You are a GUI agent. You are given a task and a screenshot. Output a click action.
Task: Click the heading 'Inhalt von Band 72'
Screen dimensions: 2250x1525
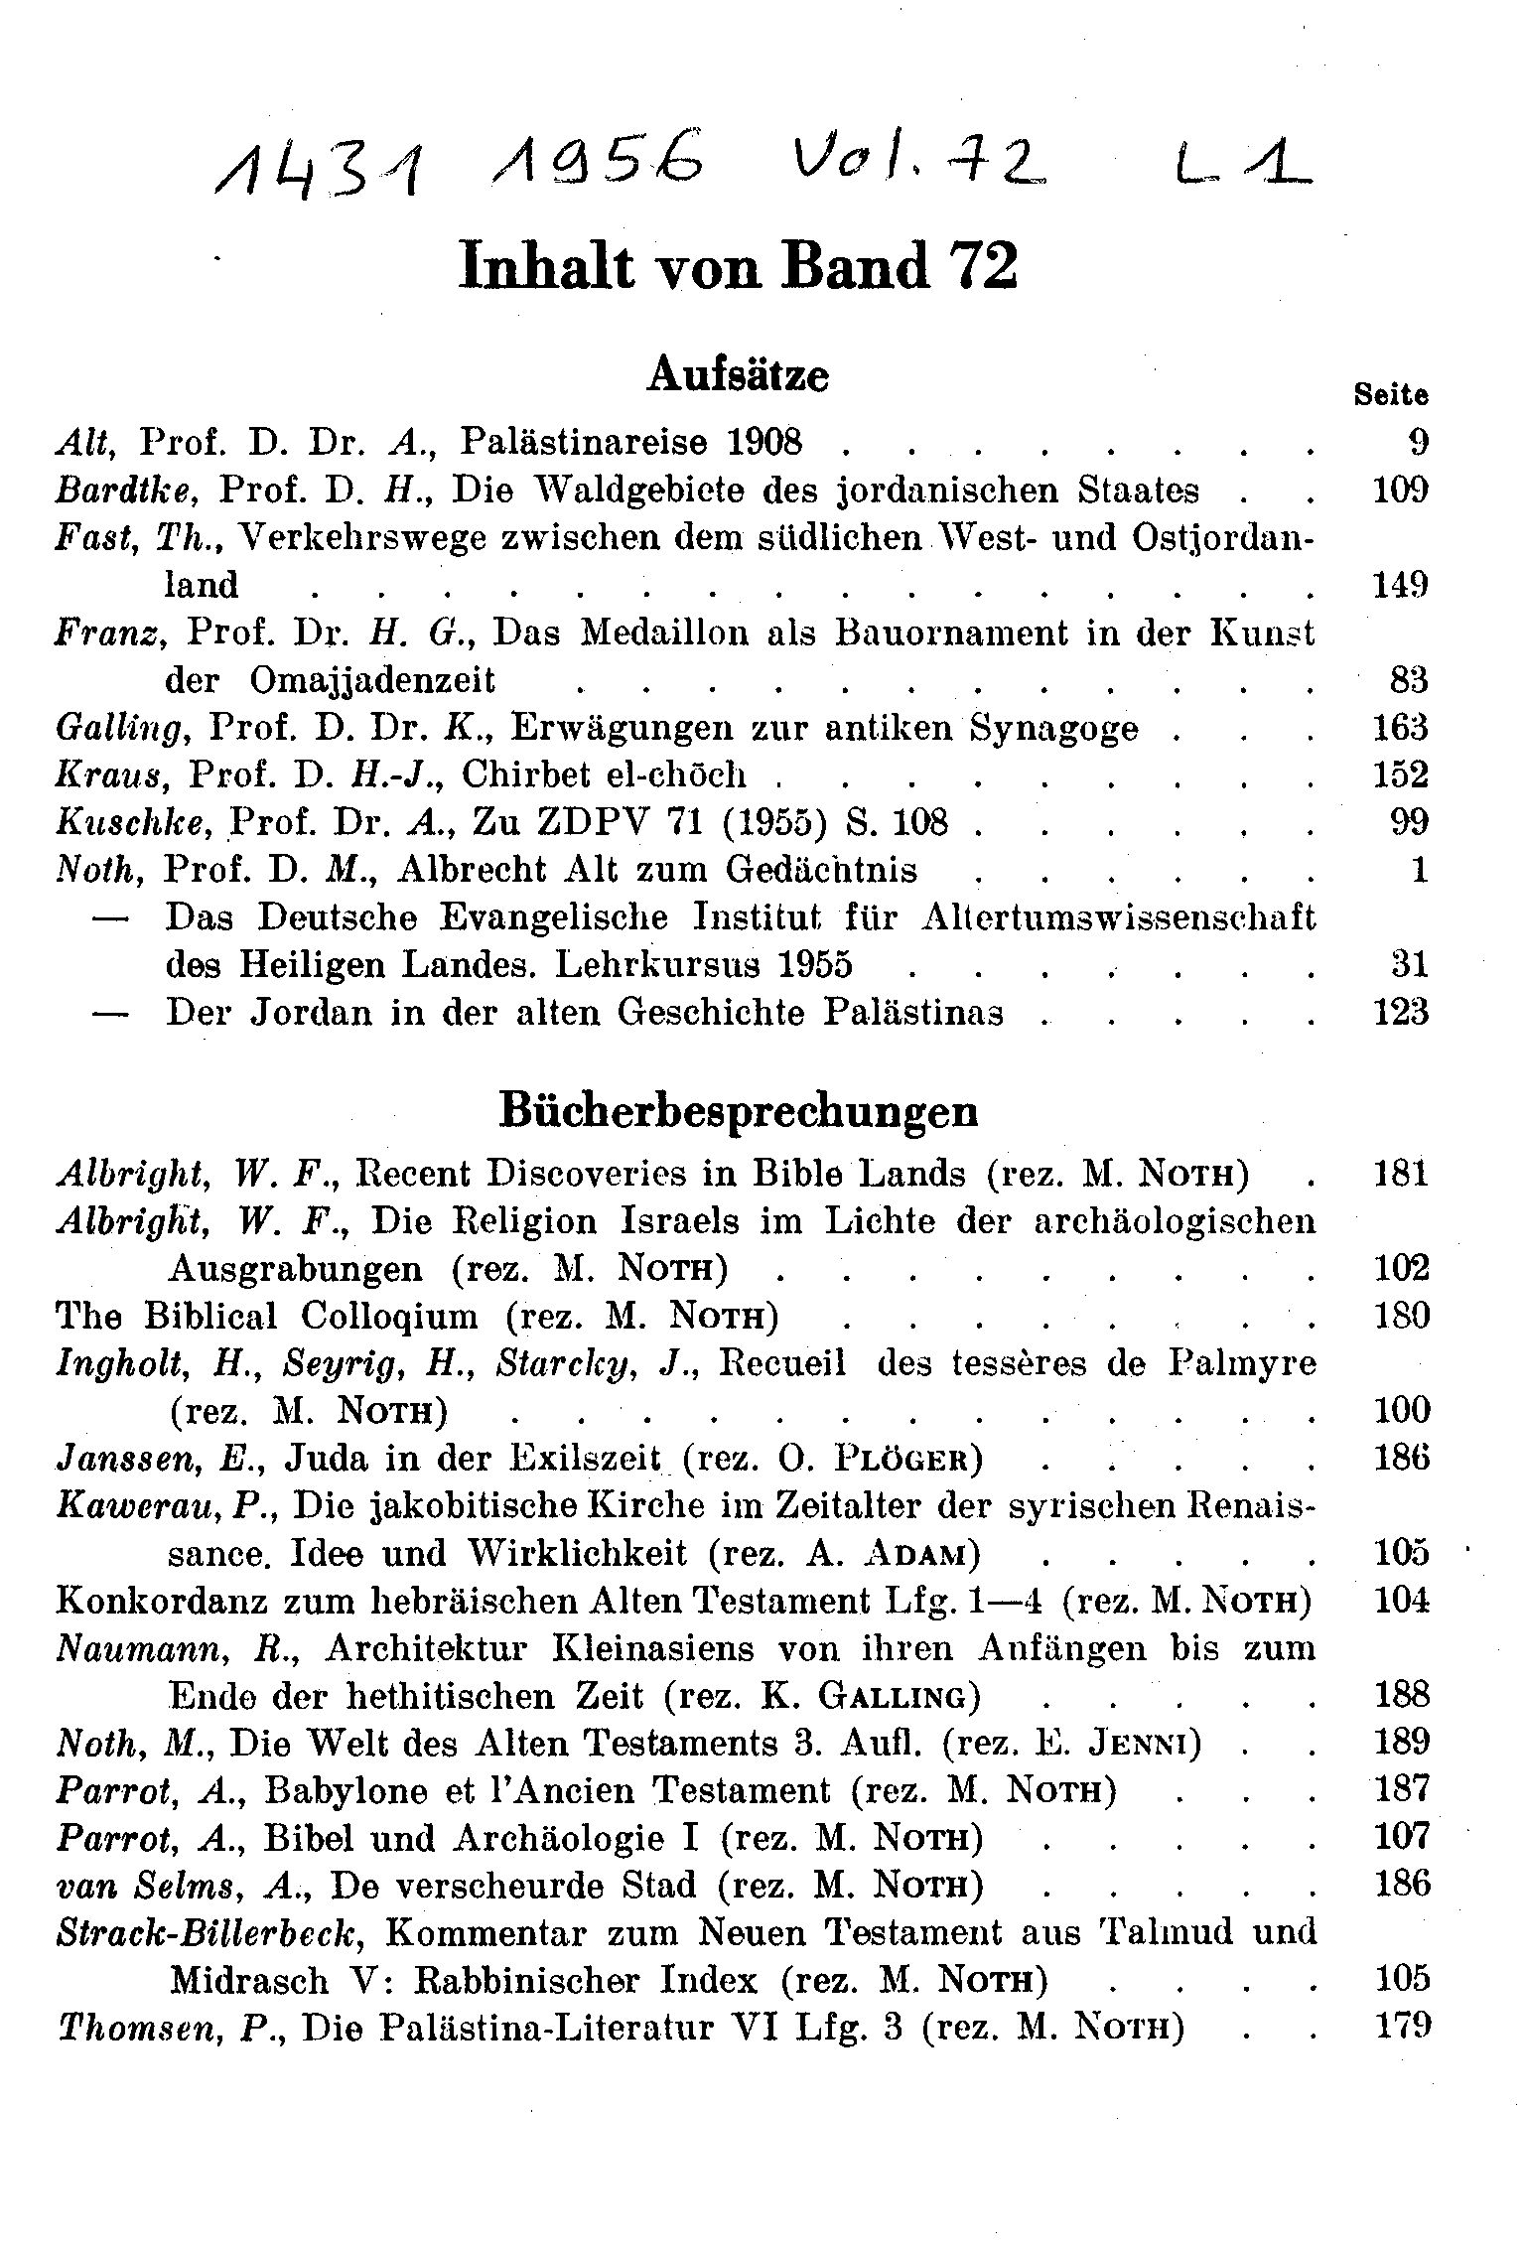click(739, 268)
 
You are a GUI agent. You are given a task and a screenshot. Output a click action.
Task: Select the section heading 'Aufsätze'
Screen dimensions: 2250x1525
click(738, 376)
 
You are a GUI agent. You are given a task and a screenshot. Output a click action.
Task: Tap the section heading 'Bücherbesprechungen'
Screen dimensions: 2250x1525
click(738, 1111)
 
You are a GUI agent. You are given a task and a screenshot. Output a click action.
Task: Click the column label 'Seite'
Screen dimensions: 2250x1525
click(1391, 395)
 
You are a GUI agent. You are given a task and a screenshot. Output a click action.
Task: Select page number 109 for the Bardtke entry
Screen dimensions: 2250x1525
click(1401, 490)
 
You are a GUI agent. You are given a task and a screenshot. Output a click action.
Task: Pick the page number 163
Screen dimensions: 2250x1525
click(1401, 728)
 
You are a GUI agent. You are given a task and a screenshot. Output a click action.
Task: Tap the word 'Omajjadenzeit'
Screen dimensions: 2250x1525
click(372, 681)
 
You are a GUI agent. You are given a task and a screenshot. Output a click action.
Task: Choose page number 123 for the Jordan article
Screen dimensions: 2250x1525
click(1401, 1013)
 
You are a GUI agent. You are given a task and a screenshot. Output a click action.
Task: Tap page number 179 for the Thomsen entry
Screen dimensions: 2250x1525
click(1401, 2026)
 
